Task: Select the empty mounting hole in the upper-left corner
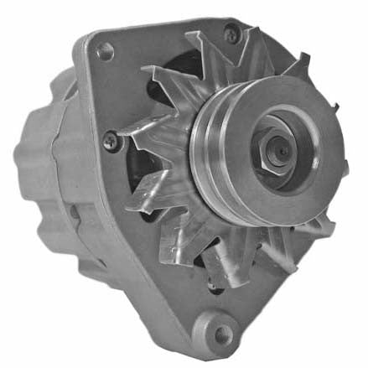click(x=105, y=52)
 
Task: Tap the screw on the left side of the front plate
click(x=111, y=143)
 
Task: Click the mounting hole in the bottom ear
click(x=221, y=334)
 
